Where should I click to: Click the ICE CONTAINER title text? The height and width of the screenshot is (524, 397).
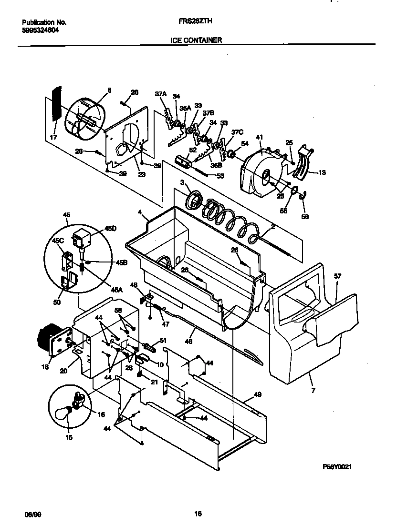tap(196, 41)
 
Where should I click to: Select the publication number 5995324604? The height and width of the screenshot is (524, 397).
tap(41, 29)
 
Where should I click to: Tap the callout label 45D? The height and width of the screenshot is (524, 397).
tap(110, 229)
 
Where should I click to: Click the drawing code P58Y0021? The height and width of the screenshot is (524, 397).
tap(337, 467)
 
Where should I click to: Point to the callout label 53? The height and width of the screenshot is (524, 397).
tap(220, 176)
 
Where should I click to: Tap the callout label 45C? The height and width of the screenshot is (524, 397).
tap(58, 241)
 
